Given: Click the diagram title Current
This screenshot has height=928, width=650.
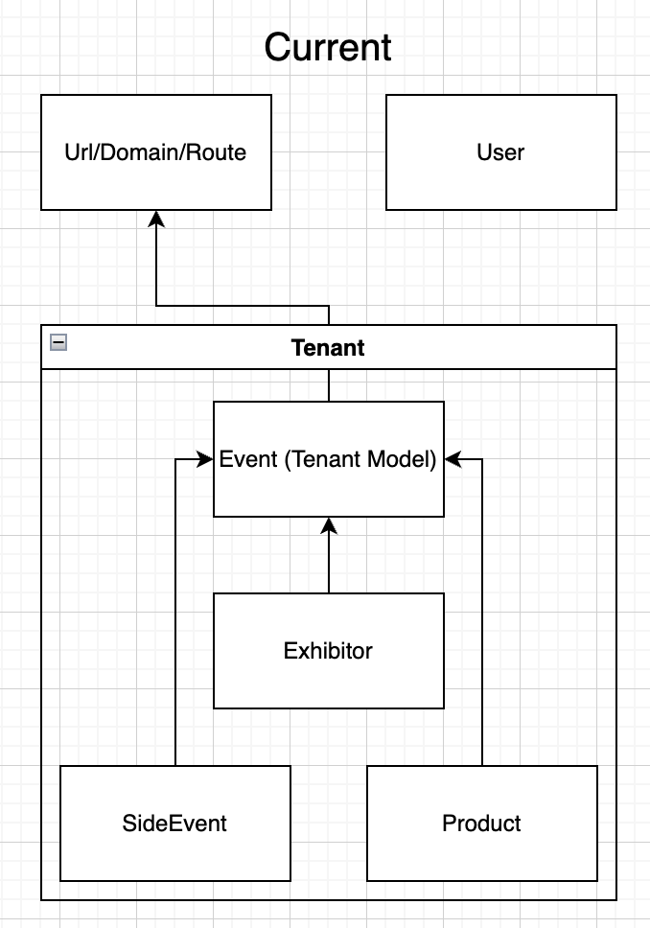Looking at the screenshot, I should [328, 47].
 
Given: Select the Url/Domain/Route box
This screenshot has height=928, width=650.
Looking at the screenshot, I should [155, 182].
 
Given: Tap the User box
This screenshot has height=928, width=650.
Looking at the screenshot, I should [500, 182].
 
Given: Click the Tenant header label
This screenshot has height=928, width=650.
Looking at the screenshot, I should [328, 347].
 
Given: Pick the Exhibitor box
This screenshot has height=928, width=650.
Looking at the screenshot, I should [328, 681].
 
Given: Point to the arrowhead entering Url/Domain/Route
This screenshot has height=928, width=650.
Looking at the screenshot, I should [156, 219].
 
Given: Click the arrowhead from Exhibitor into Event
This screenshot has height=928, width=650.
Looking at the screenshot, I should [329, 525].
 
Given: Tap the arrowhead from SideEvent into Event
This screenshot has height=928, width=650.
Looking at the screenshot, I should [204, 460].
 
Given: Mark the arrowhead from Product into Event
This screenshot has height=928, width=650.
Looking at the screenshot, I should [453, 460].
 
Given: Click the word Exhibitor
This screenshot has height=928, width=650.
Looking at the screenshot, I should [328, 651].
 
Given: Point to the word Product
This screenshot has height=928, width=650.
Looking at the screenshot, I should [481, 824].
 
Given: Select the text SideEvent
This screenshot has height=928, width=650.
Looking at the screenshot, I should [174, 824].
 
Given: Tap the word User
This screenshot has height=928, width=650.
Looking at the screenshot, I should [500, 152].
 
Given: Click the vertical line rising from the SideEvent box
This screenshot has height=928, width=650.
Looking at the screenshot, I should [175, 614].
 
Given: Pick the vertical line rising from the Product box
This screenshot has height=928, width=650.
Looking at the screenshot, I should [481, 614].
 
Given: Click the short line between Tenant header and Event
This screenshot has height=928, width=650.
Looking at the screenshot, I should [329, 385].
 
